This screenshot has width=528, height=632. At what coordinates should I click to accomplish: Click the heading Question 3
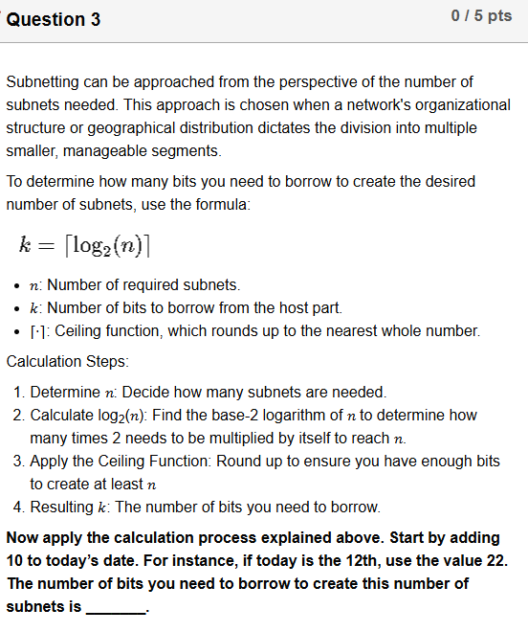point(54,19)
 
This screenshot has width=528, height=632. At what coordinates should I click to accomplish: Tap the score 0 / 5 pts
point(480,16)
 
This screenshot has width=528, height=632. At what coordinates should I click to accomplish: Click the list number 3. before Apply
point(20,462)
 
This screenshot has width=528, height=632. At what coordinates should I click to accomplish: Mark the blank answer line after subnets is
point(115,607)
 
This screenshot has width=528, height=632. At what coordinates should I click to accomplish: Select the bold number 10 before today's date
point(15,560)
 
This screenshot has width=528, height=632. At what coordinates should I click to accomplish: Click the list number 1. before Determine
point(20,393)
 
